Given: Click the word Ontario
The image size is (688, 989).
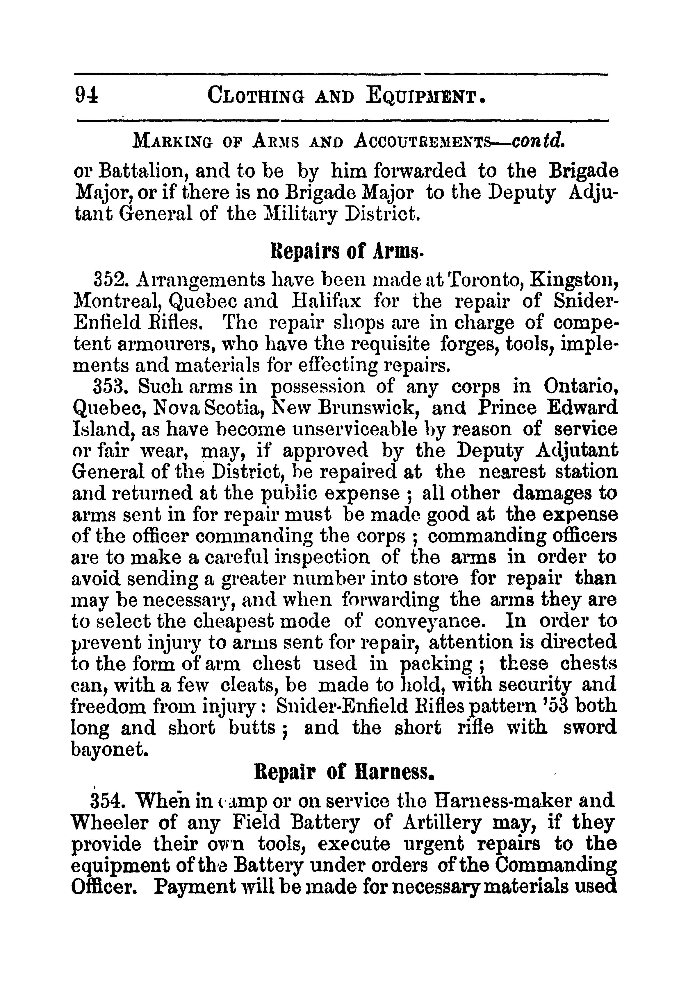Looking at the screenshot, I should click(x=580, y=386).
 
